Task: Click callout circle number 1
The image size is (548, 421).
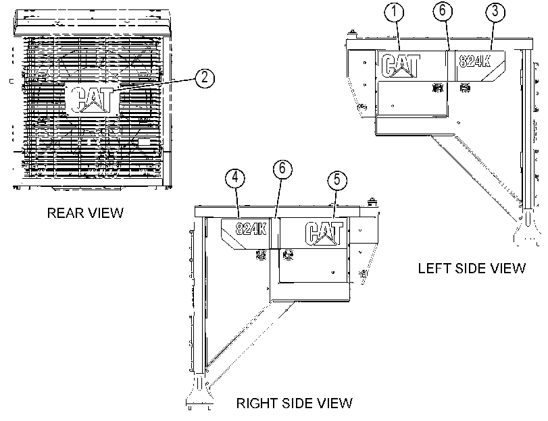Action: pos(394,11)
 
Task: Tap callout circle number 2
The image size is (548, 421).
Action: pos(205,78)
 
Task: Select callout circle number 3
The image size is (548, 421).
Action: pos(495,11)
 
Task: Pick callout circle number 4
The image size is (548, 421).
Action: pos(235,177)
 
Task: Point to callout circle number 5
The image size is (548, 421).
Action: pos(337,179)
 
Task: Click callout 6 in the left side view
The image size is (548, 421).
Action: pos(443,11)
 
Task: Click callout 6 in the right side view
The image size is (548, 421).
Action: pos(282,169)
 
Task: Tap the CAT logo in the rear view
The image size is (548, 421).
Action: pos(92,100)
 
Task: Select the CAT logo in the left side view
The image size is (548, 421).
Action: pos(401,65)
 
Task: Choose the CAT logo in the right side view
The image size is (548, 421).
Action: pos(324,233)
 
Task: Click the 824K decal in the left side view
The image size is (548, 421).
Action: pos(474,61)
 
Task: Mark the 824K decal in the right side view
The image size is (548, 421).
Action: pos(251,229)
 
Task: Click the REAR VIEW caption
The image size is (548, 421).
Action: pos(85,213)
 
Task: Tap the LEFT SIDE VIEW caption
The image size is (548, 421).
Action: pos(472,268)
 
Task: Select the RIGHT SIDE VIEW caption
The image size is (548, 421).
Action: pos(294,403)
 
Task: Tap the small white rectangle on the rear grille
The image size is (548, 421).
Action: pos(144,142)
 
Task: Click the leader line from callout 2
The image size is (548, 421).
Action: pos(154,86)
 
